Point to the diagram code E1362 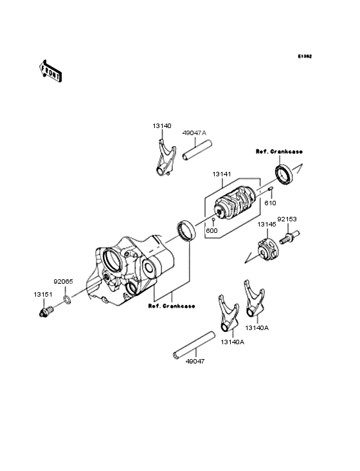305,56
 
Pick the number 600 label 212,230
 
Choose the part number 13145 266,225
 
